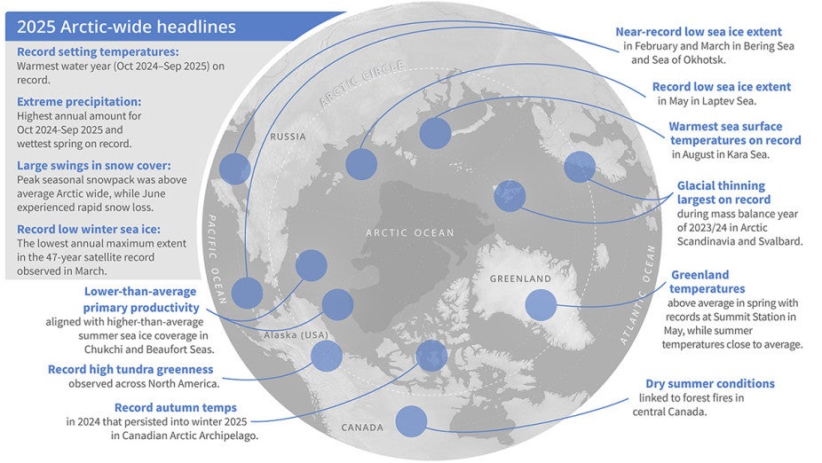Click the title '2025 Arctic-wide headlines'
coord(127,27)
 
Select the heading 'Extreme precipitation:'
coord(79,103)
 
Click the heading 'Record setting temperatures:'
coord(98,52)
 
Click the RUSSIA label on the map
coord(287,137)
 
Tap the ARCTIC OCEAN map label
coord(411,233)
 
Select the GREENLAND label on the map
coord(521,279)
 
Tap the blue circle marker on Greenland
coord(541,305)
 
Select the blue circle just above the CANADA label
coord(411,420)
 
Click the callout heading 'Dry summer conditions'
coord(709,384)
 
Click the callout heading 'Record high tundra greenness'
coord(131,369)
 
